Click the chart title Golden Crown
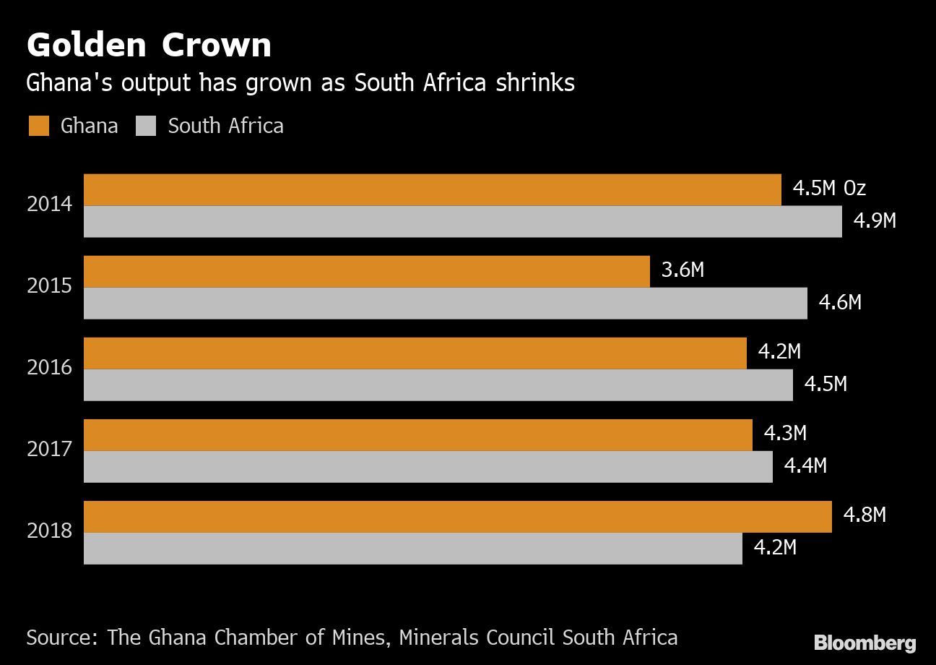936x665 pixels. [149, 46]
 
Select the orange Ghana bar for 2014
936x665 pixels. [432, 189]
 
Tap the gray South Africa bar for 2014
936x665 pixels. [462, 222]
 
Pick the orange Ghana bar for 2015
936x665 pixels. [366, 271]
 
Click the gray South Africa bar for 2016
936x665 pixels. [438, 385]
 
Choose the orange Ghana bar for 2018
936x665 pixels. [457, 516]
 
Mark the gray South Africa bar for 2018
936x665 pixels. [412, 549]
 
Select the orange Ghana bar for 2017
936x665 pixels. [417, 434]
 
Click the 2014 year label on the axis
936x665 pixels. [50, 205]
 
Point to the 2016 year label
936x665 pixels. [50, 368]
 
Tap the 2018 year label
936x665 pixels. [50, 531]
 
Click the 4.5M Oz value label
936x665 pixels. [828, 189]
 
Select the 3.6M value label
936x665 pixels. [682, 270]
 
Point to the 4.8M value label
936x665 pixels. [864, 515]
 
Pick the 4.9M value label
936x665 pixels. [875, 220]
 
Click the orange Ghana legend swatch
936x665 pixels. [39, 126]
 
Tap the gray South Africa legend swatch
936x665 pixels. [146, 126]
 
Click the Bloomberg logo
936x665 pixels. [864, 643]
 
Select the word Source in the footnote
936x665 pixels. [63, 638]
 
